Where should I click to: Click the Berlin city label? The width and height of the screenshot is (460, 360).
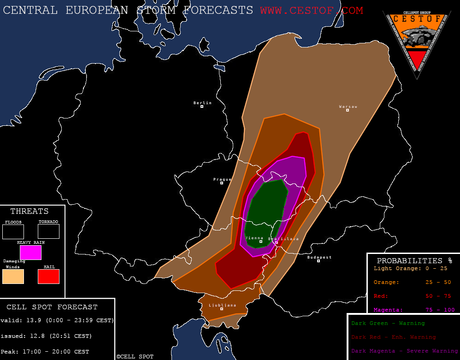tap(202, 103)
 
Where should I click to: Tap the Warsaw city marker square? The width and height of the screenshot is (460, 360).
tap(348, 110)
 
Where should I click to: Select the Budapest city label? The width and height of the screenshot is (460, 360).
tap(319, 257)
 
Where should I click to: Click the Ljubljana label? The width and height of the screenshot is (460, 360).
tap(222, 305)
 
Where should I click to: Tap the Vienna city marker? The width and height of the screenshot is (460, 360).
tap(261, 242)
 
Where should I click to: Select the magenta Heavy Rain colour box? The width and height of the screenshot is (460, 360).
tap(30, 253)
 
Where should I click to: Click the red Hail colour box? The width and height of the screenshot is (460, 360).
tap(48, 277)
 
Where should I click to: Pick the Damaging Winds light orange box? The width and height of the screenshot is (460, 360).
tap(13, 277)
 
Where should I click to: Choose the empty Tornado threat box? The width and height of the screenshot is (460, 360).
tap(48, 231)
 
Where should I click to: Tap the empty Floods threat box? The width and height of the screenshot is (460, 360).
tap(13, 231)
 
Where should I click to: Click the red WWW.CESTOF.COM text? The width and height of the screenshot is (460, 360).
tap(311, 10)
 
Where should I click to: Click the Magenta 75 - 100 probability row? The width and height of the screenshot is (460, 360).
tap(413, 310)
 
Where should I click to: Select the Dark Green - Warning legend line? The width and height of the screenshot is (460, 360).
tap(388, 324)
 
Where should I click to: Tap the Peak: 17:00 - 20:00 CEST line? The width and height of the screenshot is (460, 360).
tap(45, 352)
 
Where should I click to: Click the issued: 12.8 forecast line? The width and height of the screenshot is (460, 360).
tap(46, 336)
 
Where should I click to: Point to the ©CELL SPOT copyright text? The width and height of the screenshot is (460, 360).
tap(135, 357)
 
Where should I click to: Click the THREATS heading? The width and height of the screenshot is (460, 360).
tap(29, 212)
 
